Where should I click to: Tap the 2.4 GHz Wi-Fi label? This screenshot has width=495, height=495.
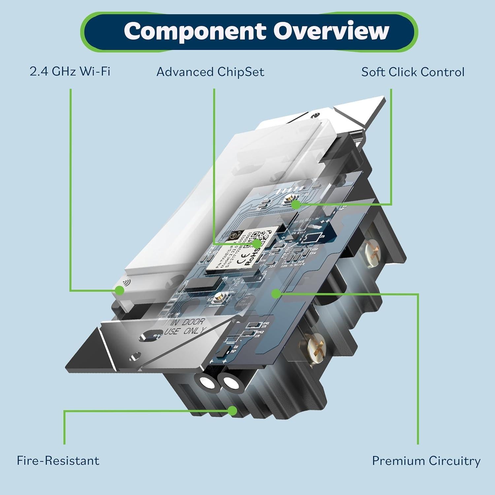70,72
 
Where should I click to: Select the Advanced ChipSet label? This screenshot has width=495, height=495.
210,72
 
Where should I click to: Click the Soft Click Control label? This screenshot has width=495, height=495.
412,72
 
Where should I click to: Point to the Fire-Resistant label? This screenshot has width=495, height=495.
58,460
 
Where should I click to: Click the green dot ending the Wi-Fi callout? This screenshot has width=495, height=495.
119,290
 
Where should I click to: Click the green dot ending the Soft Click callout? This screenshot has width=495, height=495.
296,205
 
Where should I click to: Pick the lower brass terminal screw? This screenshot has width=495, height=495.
316,343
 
